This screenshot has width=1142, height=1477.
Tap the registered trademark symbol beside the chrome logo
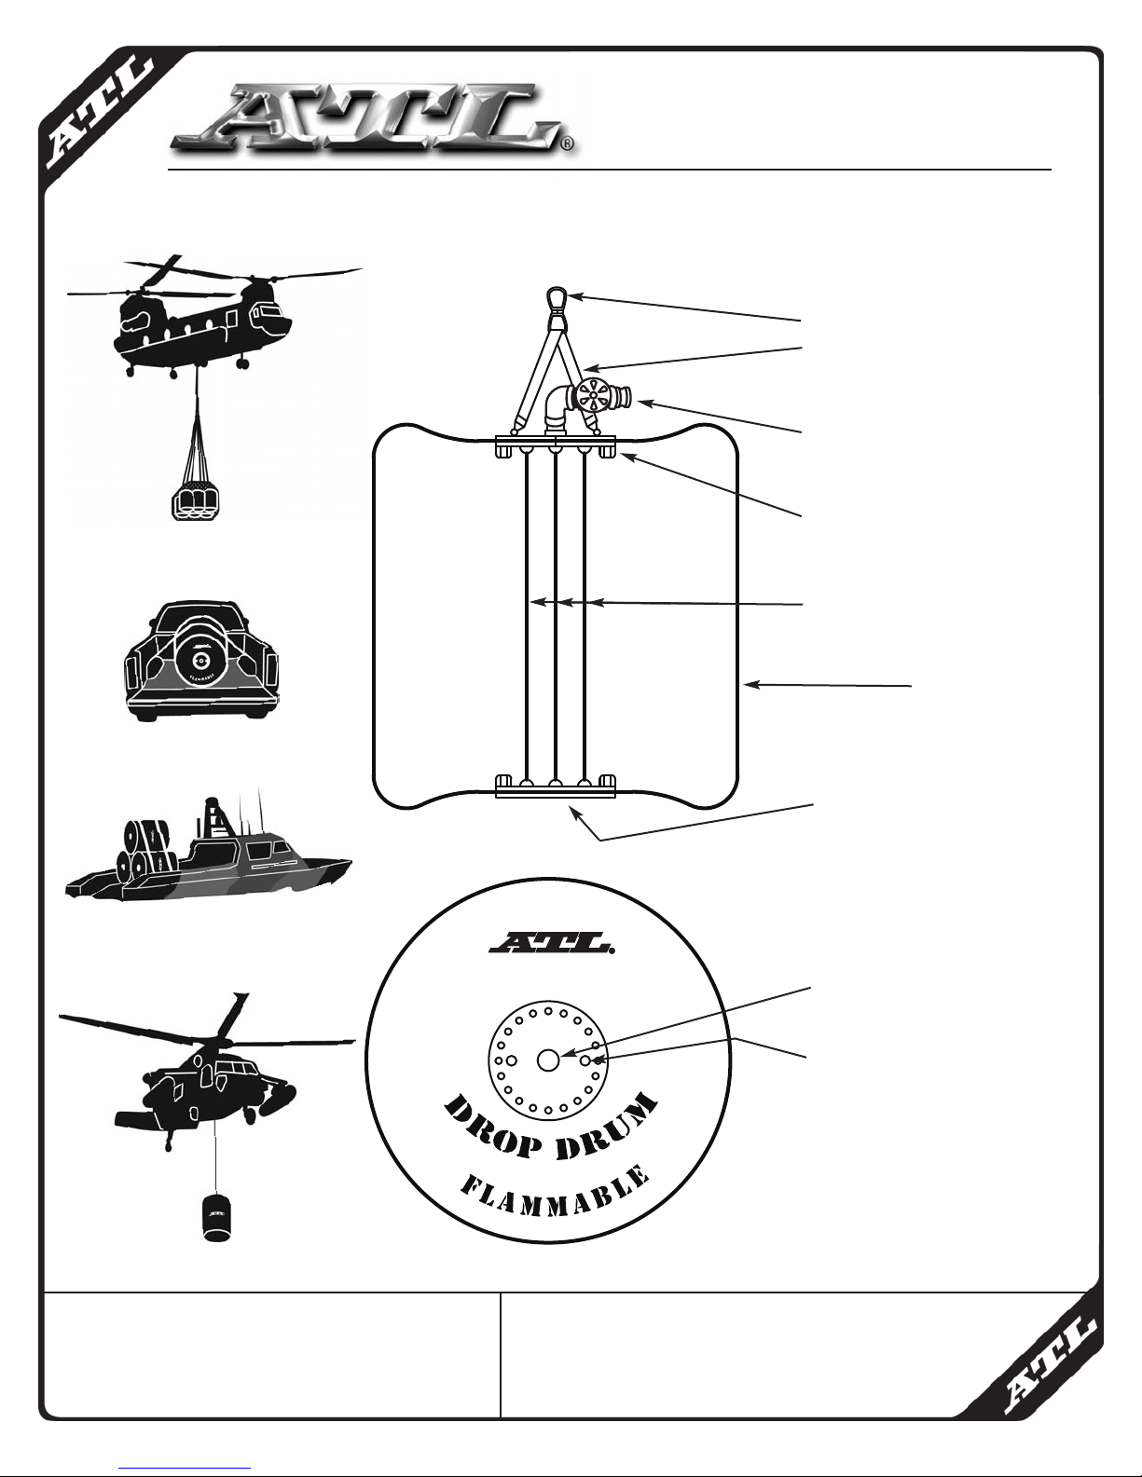568,145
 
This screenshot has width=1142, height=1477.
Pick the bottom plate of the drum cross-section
556,792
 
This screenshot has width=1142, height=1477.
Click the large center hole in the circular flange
548,1060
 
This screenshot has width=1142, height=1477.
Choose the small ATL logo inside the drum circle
550,945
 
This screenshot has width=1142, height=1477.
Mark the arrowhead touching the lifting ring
574,296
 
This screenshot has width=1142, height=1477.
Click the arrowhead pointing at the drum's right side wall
750,686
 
